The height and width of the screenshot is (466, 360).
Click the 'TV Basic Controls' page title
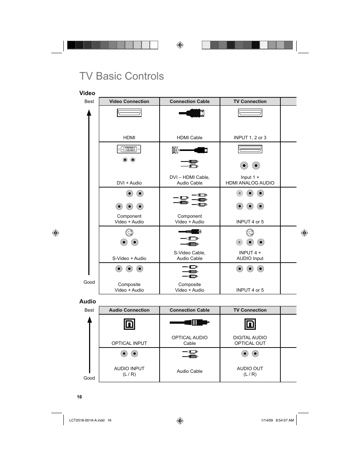pyautogui.click(x=122, y=76)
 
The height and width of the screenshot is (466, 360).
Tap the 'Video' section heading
pyautogui.click(x=87, y=93)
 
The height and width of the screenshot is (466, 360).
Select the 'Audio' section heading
pyautogui.click(x=88, y=301)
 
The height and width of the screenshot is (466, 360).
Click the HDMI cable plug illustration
pyautogui.click(x=192, y=113)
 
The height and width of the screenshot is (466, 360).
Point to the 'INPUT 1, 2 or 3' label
pyautogui.click(x=250, y=138)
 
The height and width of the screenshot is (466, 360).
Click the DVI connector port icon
pyautogui.click(x=129, y=149)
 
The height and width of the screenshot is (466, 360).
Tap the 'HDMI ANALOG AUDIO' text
pyautogui.click(x=250, y=183)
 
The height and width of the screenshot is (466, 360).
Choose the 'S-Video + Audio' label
pyautogui.click(x=129, y=258)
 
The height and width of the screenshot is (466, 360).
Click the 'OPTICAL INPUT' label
pyautogui.click(x=129, y=343)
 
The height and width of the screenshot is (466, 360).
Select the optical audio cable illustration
pyautogui.click(x=189, y=323)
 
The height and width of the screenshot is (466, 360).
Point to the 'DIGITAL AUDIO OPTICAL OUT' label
pyautogui.click(x=250, y=340)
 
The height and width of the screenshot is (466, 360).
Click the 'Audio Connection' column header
pyautogui.click(x=129, y=310)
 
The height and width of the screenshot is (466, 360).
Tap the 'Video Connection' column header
pyautogui.click(x=129, y=102)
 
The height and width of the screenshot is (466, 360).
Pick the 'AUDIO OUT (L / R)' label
pyautogui.click(x=250, y=371)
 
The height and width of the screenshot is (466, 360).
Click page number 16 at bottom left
pyautogui.click(x=79, y=397)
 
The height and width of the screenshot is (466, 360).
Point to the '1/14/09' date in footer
pyautogui.click(x=267, y=420)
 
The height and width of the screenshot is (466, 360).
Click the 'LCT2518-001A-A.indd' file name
pyautogui.click(x=87, y=420)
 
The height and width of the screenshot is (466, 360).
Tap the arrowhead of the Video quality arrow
pyautogui.click(x=89, y=113)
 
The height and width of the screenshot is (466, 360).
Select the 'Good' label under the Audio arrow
pyautogui.click(x=89, y=378)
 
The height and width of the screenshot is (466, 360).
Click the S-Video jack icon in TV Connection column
pyautogui.click(x=250, y=232)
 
